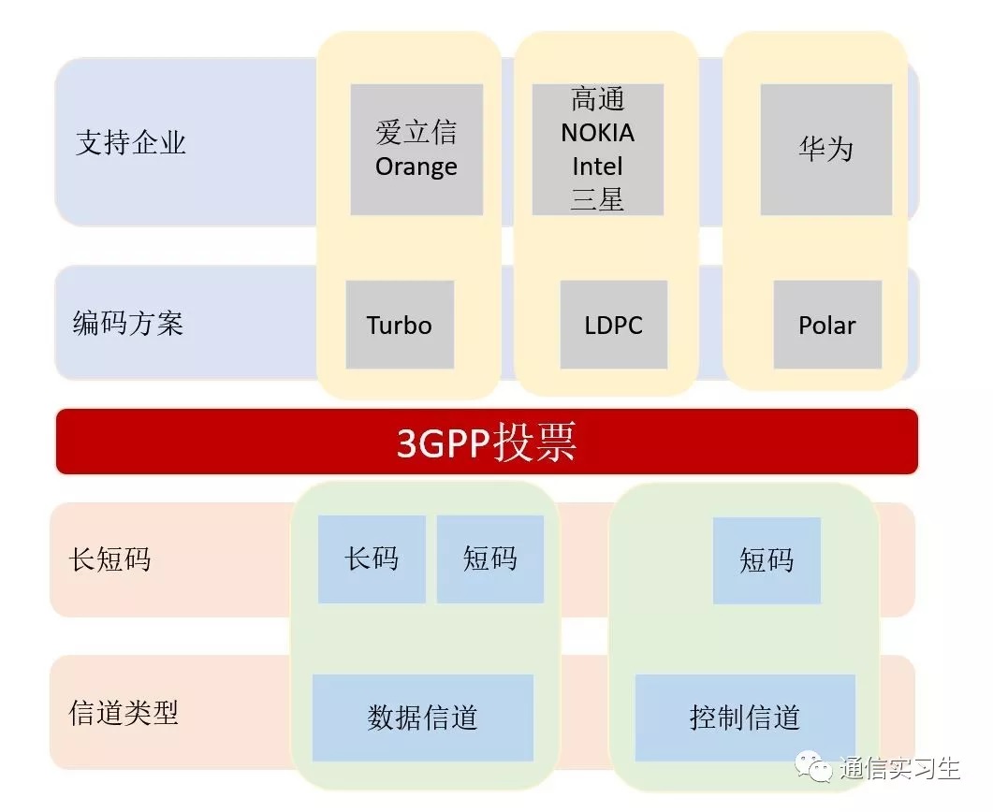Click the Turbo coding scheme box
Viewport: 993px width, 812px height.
(400, 325)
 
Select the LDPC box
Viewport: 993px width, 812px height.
(614, 325)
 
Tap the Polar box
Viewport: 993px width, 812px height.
(827, 325)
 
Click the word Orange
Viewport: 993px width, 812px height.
(416, 167)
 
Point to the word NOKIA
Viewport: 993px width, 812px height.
(597, 133)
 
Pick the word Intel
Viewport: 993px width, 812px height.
(597, 167)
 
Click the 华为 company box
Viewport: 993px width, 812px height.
(825, 150)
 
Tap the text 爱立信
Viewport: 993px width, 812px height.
(416, 132)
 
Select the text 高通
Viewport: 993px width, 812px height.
(597, 99)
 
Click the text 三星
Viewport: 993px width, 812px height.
(597, 199)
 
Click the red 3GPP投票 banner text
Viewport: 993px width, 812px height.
(487, 442)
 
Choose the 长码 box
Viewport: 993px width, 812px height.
(372, 559)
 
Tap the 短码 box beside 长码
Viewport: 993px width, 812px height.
(490, 559)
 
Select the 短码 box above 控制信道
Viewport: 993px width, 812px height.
(767, 560)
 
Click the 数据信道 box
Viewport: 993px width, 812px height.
(422, 718)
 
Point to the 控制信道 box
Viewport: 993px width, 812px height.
(745, 718)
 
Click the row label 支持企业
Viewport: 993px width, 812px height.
(130, 142)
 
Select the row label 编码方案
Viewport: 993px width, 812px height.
(128, 324)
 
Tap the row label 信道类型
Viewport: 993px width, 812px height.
(124, 713)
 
